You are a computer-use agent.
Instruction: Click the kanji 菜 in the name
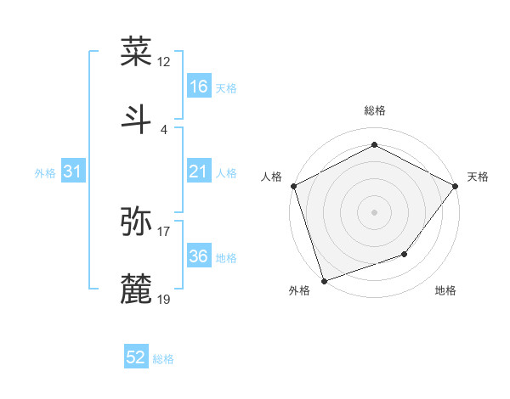point(137,52)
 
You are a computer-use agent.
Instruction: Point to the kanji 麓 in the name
point(137,288)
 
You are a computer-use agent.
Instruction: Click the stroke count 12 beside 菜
point(164,62)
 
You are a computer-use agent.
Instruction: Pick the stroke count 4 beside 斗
point(163,129)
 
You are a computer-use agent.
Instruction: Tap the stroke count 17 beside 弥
point(164,231)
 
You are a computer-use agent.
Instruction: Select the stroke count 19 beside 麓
point(164,299)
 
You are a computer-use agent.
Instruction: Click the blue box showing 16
point(199,87)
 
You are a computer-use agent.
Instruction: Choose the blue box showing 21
point(199,171)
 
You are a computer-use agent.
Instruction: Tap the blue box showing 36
point(199,256)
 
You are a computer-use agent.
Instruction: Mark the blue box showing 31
point(73,171)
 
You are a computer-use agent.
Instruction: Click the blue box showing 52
point(136,357)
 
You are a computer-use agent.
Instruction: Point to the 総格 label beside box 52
point(164,359)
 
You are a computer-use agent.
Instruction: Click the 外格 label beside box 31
point(45,173)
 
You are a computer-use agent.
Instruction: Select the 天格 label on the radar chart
point(478,177)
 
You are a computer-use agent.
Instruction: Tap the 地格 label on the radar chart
point(445,290)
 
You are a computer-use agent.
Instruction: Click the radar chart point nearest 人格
point(293,185)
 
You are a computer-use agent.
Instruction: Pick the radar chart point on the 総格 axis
point(374,144)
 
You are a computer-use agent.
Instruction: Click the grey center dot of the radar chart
point(374,211)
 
